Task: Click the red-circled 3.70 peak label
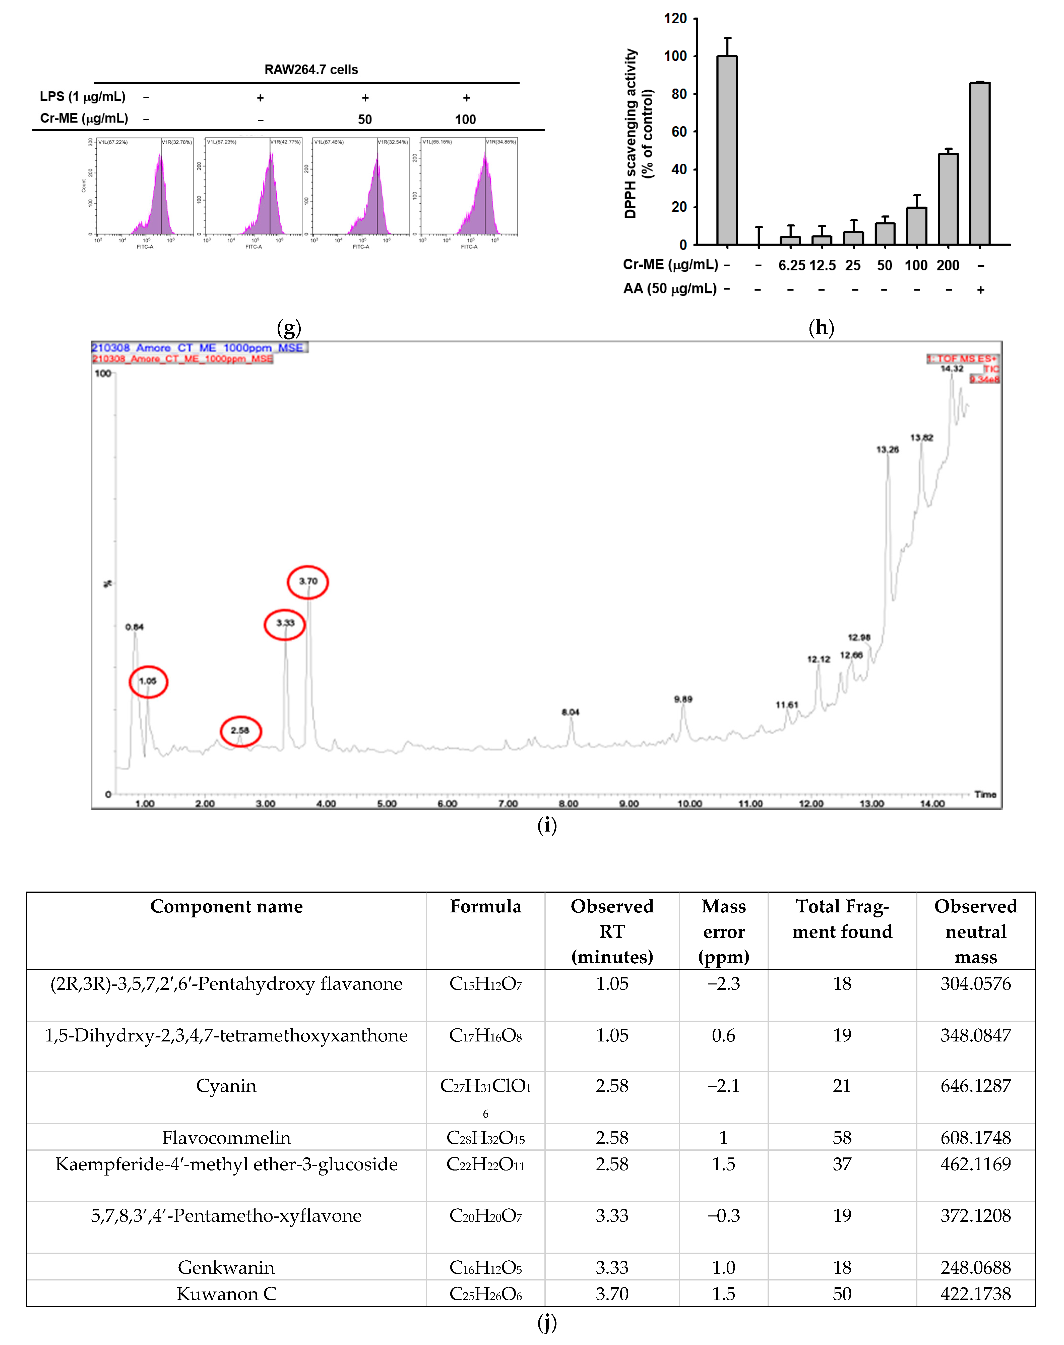[308, 581]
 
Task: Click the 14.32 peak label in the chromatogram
[951, 369]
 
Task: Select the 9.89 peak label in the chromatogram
[683, 699]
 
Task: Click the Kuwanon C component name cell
[226, 1294]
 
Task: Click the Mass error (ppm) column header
[723, 931]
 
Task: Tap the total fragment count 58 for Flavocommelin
[842, 1138]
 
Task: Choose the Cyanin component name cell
[226, 1086]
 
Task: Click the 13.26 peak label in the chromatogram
[887, 449]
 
